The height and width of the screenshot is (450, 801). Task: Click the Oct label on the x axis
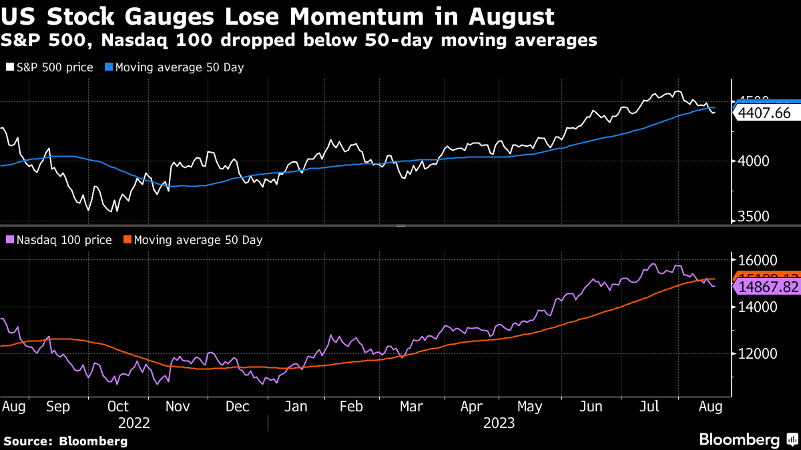coord(118,406)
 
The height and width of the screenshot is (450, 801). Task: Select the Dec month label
coord(237,406)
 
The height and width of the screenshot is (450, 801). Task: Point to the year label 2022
coord(133,423)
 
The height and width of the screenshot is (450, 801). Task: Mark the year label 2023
coord(499,423)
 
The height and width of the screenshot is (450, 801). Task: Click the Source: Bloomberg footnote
coord(65,441)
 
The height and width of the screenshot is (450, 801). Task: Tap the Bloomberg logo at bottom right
coord(748,439)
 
